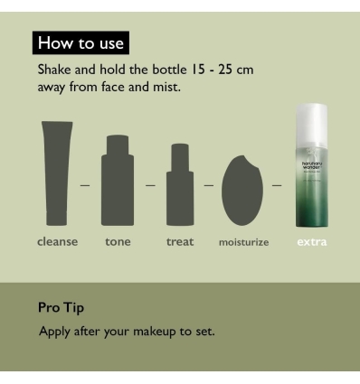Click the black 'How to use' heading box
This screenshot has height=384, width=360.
coord(81,42)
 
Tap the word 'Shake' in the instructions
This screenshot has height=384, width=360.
coord(54,70)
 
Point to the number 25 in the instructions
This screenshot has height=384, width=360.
coord(225,70)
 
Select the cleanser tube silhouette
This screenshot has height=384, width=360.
coord(57,173)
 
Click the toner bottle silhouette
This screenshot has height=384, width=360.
coord(118,180)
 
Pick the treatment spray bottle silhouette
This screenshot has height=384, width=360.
coord(180,184)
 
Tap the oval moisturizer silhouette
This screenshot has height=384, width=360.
coord(242,191)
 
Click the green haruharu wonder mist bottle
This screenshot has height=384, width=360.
coord(312,165)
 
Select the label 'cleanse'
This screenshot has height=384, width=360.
coord(57,241)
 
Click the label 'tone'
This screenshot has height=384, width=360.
coord(118,242)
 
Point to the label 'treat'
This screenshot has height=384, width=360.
coord(180,242)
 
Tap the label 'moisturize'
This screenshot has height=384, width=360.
coord(243,242)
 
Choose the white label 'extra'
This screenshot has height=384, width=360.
coord(312,242)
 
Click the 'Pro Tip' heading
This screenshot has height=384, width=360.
coord(61,308)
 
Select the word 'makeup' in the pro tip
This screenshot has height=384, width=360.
coord(155,332)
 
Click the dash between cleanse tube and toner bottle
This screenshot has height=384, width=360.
coord(85,185)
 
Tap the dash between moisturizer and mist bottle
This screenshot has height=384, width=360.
coord(277,185)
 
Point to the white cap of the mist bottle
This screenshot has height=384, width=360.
coord(312,120)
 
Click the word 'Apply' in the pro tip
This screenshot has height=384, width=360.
coord(54,332)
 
